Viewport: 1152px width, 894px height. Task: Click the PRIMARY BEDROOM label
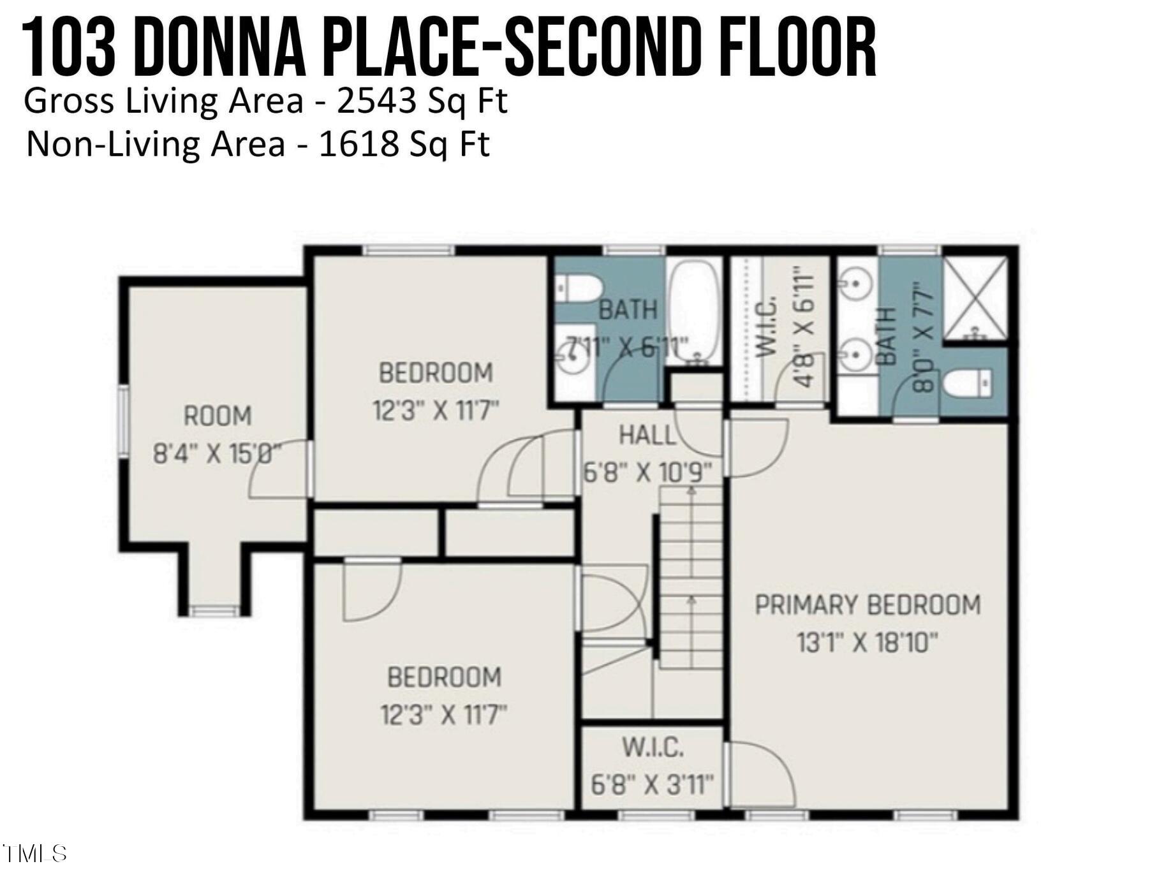[868, 605]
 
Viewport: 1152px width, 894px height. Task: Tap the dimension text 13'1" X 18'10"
[868, 642]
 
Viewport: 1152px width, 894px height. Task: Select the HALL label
[647, 436]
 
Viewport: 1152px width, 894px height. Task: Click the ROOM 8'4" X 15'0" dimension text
[217, 455]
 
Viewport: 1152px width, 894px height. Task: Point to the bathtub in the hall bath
[694, 312]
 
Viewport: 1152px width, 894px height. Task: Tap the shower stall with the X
[976, 298]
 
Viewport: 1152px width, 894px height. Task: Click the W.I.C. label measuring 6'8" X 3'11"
[653, 747]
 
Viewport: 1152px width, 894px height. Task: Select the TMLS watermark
[35, 853]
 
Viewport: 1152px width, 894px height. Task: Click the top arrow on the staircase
[691, 490]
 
